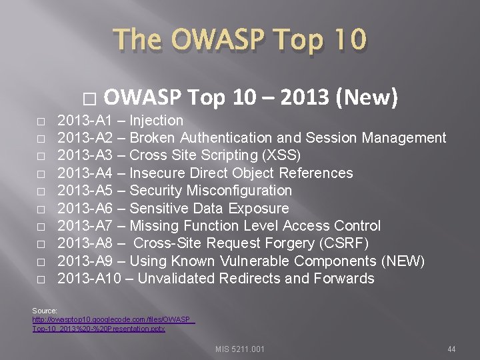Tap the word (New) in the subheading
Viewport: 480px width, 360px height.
[x=368, y=98]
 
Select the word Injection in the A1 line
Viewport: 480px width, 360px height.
[x=156, y=121]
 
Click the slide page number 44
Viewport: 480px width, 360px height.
[x=451, y=348]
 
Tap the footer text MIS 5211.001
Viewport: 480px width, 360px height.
[x=240, y=348]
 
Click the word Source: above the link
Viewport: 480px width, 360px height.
[x=45, y=311]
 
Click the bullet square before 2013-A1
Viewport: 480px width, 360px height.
[x=41, y=122]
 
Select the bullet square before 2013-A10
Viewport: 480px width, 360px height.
[x=41, y=280]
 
